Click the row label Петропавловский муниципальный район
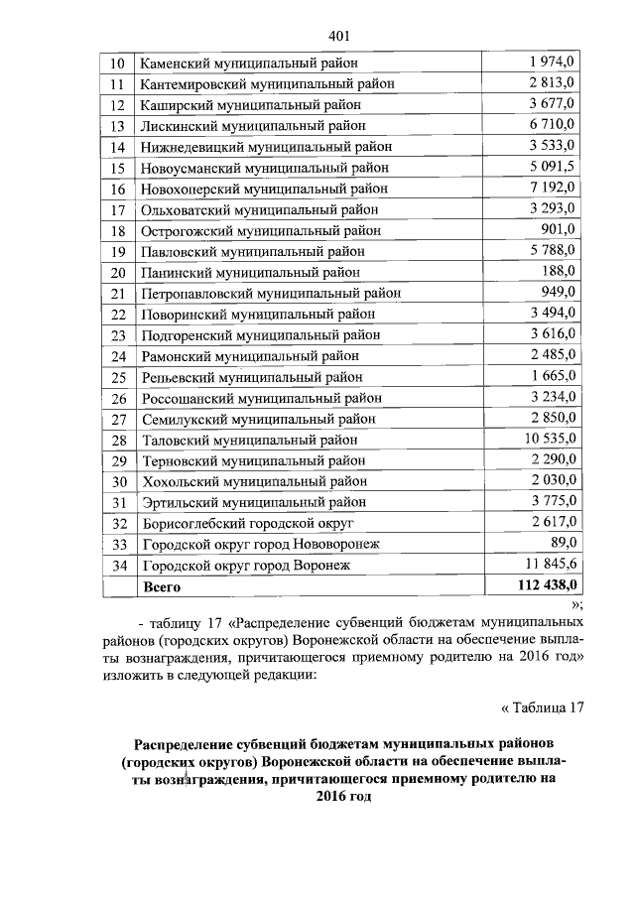pos(272,293)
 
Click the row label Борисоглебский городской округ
pos(248,523)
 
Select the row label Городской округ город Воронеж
pos(247,566)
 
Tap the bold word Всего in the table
pos(163,586)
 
